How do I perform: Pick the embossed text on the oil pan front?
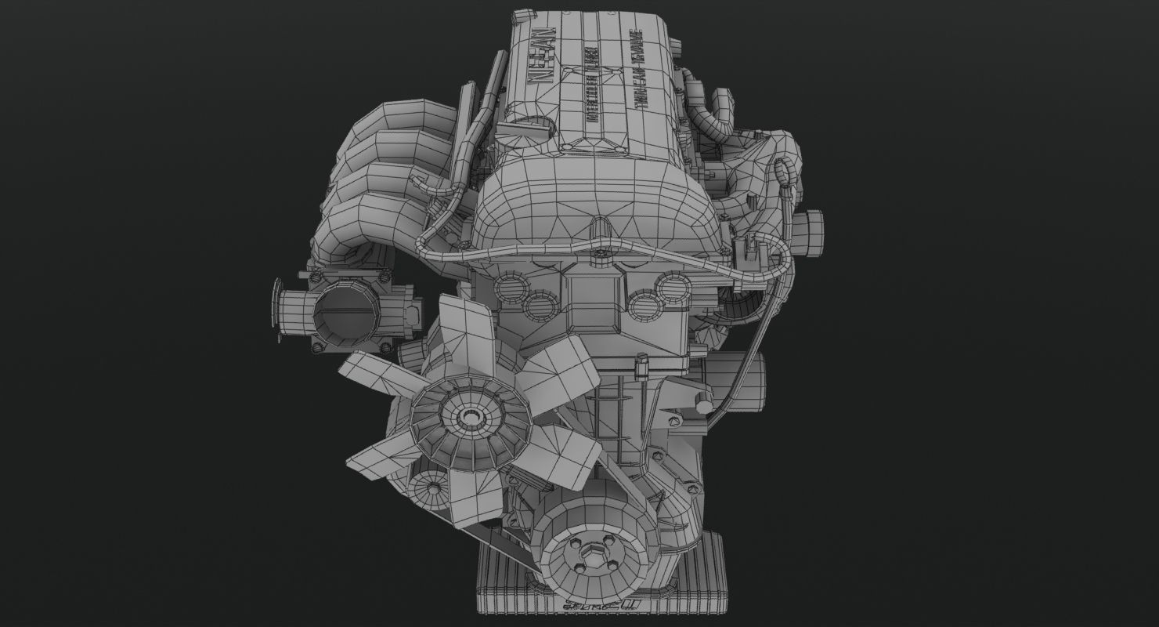point(599,606)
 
